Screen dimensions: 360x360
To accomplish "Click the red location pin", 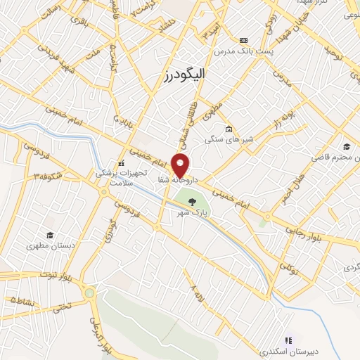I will [x=181, y=166].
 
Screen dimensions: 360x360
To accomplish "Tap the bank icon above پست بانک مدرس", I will [x=244, y=40].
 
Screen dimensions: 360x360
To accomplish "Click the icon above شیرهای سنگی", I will [x=229, y=129].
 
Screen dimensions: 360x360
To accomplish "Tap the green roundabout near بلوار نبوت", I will [x=89, y=292].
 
